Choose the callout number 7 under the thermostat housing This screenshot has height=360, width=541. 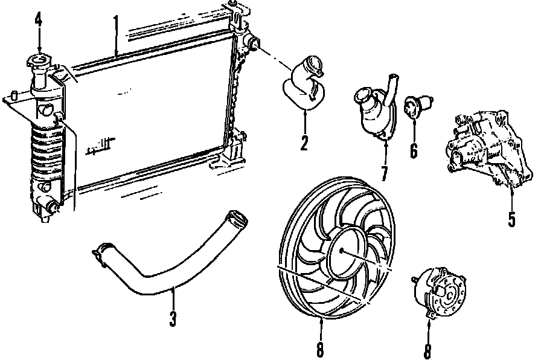click(x=384, y=172)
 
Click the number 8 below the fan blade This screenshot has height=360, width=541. click(x=320, y=349)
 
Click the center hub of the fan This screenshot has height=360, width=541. click(x=342, y=249)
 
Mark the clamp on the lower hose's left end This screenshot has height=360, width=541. click(x=104, y=252)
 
